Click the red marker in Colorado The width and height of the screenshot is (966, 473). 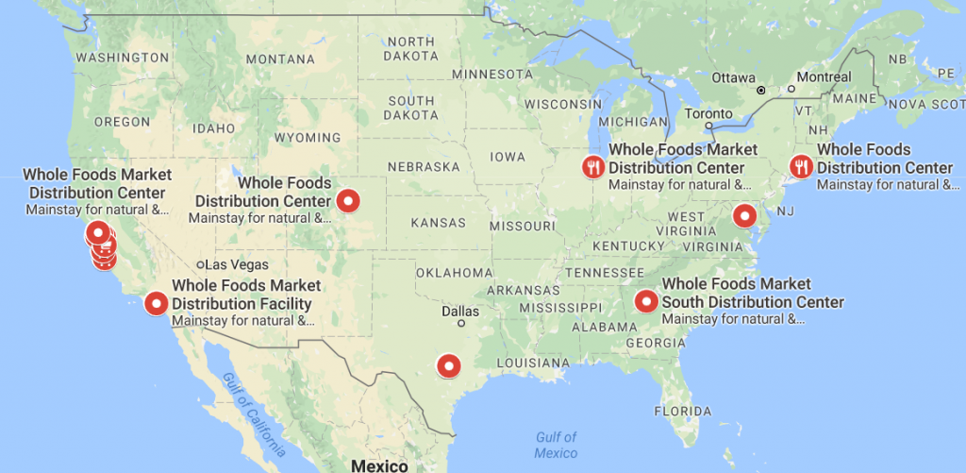click(348, 200)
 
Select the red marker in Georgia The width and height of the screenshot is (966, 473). click(646, 301)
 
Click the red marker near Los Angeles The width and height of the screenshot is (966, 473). click(156, 303)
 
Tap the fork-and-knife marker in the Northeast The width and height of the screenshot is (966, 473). click(801, 167)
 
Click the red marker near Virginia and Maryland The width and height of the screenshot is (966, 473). click(745, 214)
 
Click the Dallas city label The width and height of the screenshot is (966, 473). click(460, 311)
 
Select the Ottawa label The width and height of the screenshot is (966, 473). click(733, 77)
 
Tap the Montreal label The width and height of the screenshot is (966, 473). click(824, 76)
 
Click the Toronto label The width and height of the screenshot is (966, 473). click(708, 112)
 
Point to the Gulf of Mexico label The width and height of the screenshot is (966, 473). click(556, 445)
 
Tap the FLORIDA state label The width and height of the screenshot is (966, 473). click(683, 412)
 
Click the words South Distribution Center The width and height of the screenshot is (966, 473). click(753, 302)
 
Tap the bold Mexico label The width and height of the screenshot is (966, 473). click(378, 465)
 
